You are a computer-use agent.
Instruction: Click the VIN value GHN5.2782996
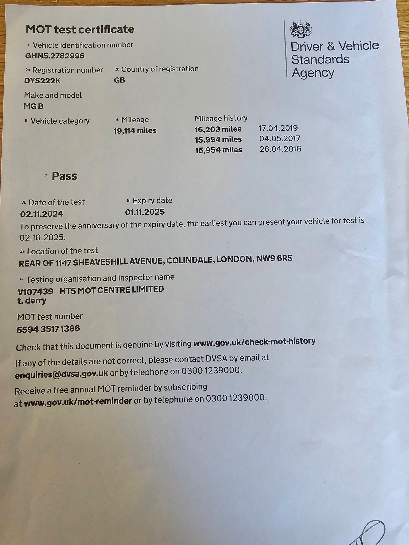pyautogui.click(x=55, y=56)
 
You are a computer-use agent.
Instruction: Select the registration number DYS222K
pyautogui.click(x=42, y=81)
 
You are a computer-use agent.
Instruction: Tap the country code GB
pyautogui.click(x=119, y=80)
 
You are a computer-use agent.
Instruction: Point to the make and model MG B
pyautogui.click(x=34, y=106)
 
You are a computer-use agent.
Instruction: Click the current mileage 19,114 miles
pyautogui.click(x=135, y=131)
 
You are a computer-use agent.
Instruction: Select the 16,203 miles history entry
pyautogui.click(x=218, y=129)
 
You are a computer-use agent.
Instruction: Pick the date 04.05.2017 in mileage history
pyautogui.click(x=280, y=139)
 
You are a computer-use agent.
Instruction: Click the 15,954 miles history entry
pyautogui.click(x=219, y=150)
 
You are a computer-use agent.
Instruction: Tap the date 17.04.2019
pyautogui.click(x=278, y=128)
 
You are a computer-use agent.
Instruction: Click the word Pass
pyautogui.click(x=64, y=176)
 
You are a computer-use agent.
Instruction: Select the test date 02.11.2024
pyautogui.click(x=42, y=214)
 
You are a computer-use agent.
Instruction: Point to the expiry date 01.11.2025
pyautogui.click(x=145, y=212)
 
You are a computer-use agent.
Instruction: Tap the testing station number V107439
pyautogui.click(x=36, y=291)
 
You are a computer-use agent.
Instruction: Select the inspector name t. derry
pyautogui.click(x=32, y=301)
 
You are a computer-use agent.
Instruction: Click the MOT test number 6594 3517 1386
pyautogui.click(x=48, y=329)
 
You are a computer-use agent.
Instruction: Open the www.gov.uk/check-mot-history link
pyautogui.click(x=254, y=342)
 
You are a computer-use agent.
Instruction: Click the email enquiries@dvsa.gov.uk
pyautogui.click(x=62, y=374)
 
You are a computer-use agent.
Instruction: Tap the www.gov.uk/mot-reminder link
pyautogui.click(x=78, y=401)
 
